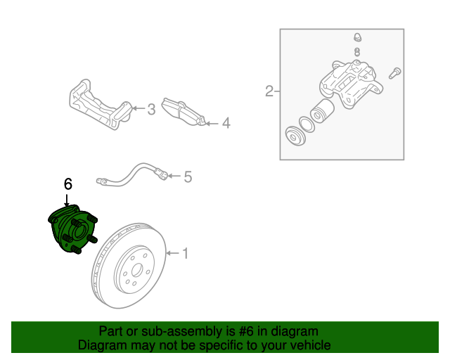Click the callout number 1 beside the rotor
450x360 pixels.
(186, 253)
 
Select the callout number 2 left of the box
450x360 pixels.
(269, 91)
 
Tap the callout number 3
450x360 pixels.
(151, 109)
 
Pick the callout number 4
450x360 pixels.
(226, 124)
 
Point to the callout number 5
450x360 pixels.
(188, 176)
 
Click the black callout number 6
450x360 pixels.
(67, 184)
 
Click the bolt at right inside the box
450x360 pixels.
(395, 71)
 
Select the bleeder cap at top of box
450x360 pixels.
(357, 37)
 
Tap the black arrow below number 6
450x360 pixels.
(67, 200)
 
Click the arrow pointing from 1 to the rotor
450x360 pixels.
(173, 253)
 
